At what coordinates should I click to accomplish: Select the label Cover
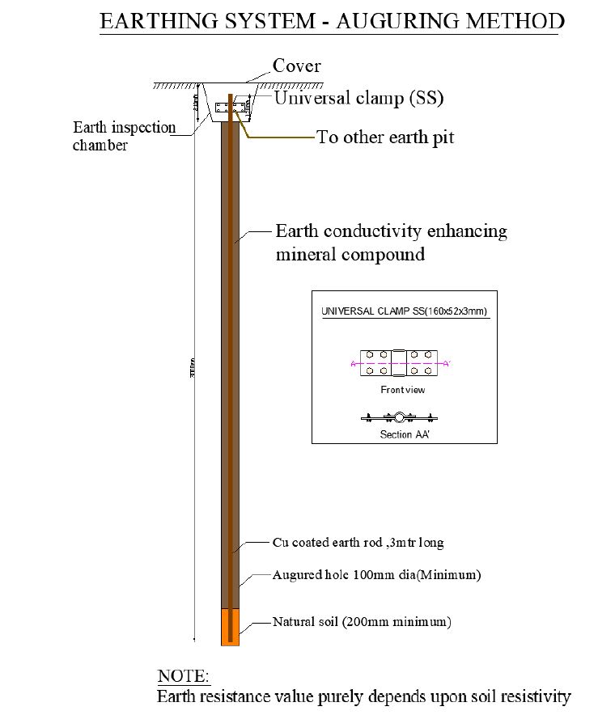click(296, 66)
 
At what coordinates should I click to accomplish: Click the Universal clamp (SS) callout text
click(358, 99)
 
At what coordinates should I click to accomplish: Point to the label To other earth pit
click(385, 137)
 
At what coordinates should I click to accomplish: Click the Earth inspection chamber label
click(124, 136)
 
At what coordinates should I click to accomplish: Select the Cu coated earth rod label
click(358, 543)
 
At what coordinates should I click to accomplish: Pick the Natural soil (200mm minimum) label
click(362, 622)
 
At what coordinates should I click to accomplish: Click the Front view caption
click(402, 390)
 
